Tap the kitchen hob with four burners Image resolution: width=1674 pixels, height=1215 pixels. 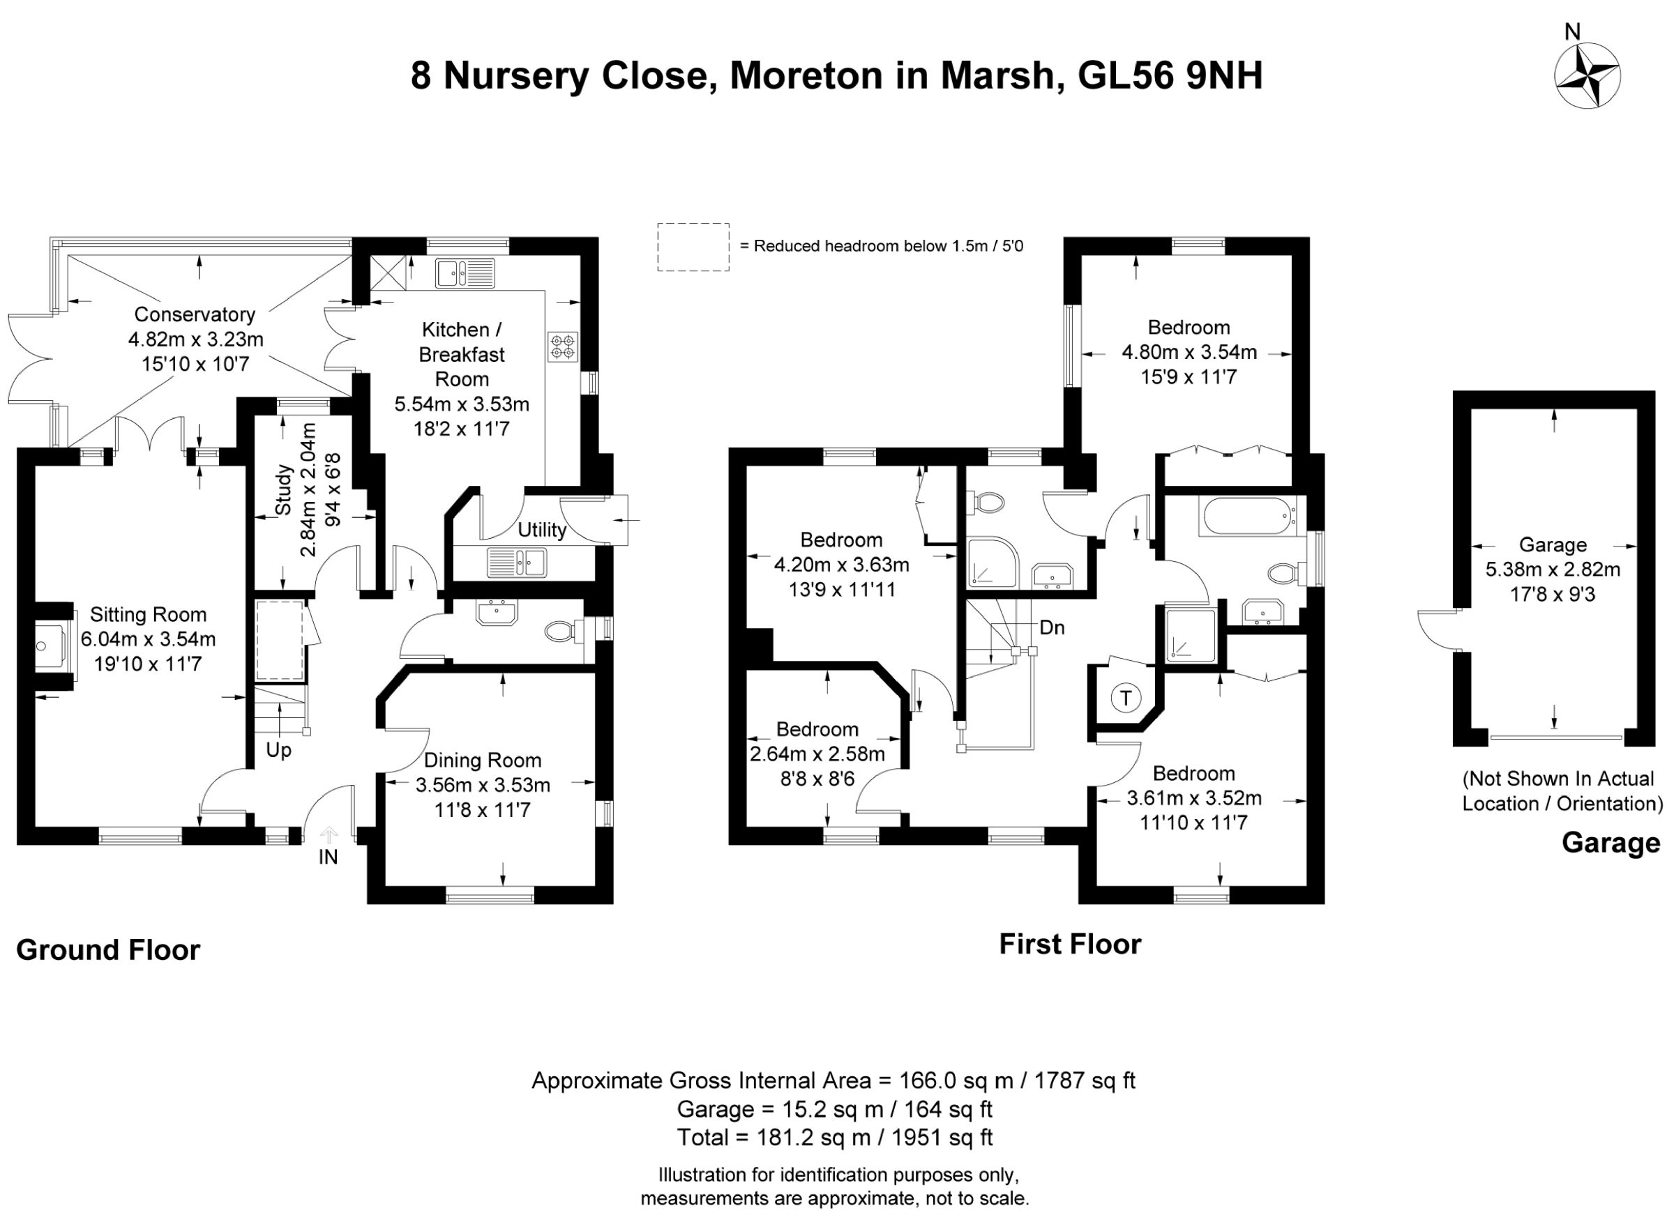point(562,346)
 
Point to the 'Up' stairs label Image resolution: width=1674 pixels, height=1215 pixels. point(278,750)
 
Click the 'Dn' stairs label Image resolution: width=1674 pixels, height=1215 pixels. point(1052,627)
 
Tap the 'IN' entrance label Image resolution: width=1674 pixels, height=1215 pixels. point(328,857)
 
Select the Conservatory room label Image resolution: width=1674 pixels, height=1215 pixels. point(195,314)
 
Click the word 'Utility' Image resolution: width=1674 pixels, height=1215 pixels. point(542,530)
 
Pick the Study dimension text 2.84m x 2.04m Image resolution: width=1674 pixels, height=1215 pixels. point(309,491)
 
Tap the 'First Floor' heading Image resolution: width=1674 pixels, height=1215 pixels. point(1070,945)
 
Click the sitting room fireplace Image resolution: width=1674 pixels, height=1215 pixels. point(55,646)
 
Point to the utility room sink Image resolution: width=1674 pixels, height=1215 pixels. point(517,563)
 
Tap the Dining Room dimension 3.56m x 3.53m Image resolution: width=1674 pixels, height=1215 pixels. point(483,785)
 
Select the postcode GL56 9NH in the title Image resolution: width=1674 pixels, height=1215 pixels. point(1170,75)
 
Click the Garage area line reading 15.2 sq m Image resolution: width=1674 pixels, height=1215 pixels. point(835,1109)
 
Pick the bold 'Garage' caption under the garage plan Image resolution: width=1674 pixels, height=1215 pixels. point(1611,843)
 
